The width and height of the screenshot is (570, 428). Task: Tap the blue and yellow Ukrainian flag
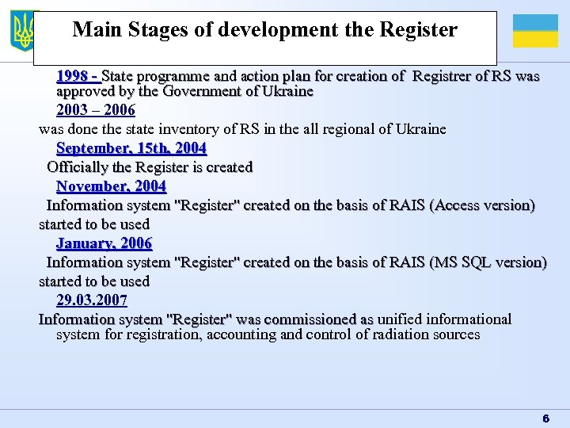click(535, 31)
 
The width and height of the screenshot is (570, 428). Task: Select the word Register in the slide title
click(419, 30)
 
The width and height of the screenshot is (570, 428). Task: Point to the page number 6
click(545, 418)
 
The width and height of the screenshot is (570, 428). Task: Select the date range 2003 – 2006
click(96, 110)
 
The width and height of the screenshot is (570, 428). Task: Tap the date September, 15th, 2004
click(131, 148)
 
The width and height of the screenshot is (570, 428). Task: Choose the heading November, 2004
click(111, 186)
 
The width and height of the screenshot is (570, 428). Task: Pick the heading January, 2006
click(104, 243)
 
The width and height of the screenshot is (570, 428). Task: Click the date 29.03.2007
click(92, 300)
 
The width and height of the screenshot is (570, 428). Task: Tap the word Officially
click(78, 167)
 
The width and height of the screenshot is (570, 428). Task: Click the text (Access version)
click(481, 205)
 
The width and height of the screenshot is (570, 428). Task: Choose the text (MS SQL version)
click(487, 262)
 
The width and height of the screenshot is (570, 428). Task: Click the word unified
click(400, 319)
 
